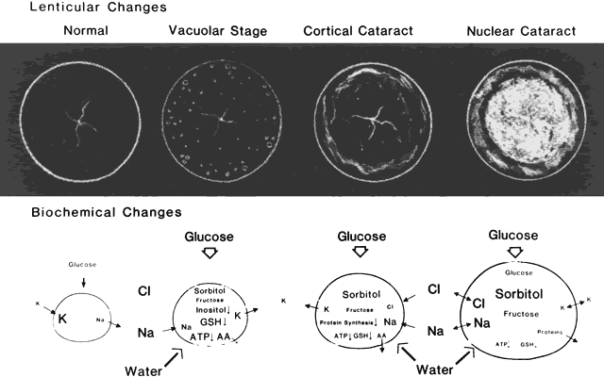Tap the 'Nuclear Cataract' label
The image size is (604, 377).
tap(514, 31)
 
